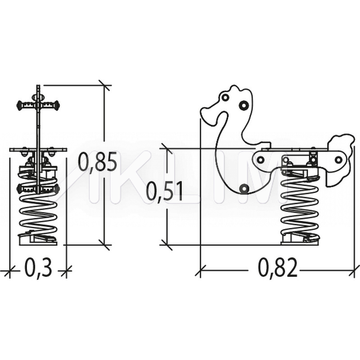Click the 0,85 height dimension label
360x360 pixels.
[97, 162]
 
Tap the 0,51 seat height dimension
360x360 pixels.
[164, 191]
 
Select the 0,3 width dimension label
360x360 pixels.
[38, 268]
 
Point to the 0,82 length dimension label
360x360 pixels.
[278, 268]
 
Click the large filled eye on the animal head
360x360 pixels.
[243, 105]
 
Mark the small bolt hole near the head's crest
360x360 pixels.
[225, 97]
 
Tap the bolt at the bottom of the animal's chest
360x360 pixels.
[244, 189]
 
